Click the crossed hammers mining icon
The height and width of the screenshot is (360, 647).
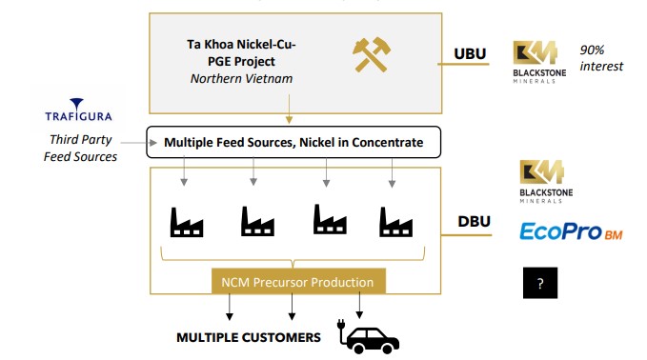pyautogui.click(x=372, y=55)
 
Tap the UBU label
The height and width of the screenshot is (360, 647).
pyautogui.click(x=470, y=53)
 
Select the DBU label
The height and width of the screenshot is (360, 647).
pyautogui.click(x=475, y=222)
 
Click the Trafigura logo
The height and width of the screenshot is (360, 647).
pyautogui.click(x=78, y=110)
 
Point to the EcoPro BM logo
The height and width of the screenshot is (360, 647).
pyautogui.click(x=571, y=231)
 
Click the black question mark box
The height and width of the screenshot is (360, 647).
pyautogui.click(x=540, y=283)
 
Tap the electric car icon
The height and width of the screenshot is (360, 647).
pyautogui.click(x=369, y=335)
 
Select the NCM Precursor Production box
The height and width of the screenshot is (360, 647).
pyautogui.click(x=298, y=282)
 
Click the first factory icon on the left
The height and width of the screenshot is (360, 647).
pyautogui.click(x=187, y=222)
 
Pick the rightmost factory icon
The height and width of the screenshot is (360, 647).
pyautogui.click(x=395, y=222)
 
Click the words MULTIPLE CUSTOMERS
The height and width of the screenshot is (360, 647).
pyautogui.click(x=249, y=337)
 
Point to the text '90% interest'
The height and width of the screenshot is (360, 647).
pyautogui.click(x=601, y=58)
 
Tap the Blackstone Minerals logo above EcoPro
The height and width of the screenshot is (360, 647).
pyautogui.click(x=546, y=182)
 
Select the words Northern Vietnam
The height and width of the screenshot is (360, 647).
pyautogui.click(x=241, y=78)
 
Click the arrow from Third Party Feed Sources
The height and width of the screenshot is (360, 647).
pyautogui.click(x=139, y=143)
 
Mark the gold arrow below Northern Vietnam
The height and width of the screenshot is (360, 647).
pyautogui.click(x=289, y=109)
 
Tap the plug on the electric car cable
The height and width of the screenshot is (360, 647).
pyautogui.click(x=341, y=325)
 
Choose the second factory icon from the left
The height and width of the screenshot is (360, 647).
pyautogui.click(x=257, y=221)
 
